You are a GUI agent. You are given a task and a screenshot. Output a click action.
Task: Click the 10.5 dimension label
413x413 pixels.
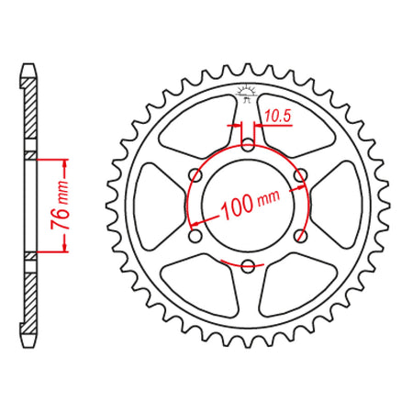277,117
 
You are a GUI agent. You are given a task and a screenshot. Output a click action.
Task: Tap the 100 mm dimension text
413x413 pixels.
250,204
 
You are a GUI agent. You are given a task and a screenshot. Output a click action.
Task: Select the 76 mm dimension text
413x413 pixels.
60,205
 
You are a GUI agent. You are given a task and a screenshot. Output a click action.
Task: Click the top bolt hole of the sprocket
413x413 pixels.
248,145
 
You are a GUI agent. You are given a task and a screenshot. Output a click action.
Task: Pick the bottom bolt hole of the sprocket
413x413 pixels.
248,265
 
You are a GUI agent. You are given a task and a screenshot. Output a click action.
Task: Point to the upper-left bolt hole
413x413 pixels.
195,175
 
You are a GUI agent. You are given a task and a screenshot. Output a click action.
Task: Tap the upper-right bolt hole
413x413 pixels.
300,175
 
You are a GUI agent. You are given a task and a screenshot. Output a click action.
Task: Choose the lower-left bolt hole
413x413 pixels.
195,236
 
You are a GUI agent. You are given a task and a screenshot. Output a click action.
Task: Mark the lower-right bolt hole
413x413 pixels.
300,236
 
